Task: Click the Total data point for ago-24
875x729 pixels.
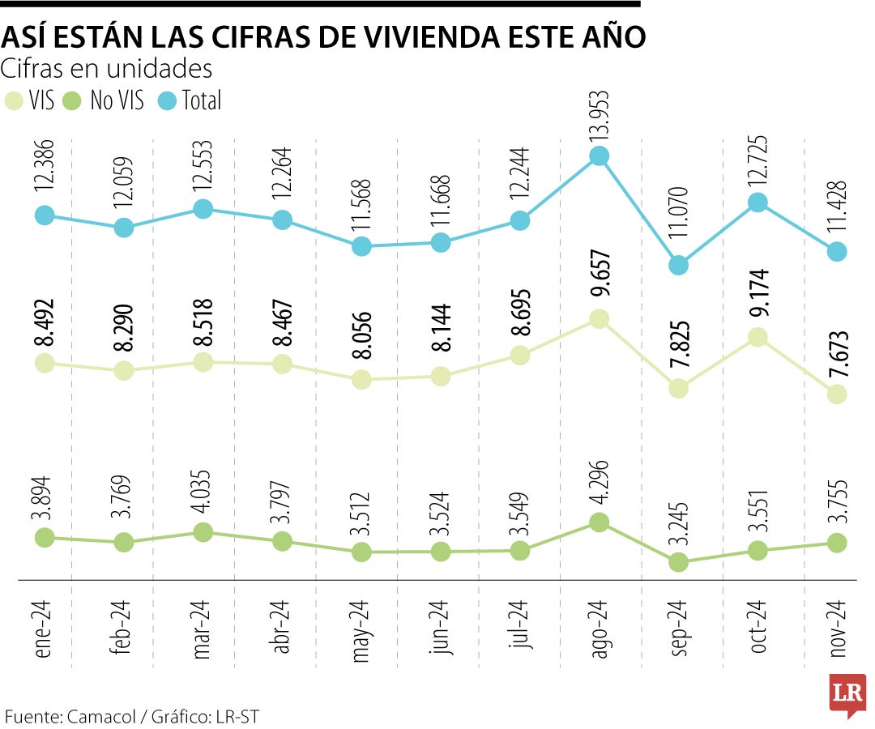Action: coord(599,156)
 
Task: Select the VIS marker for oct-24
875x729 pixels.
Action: coord(758,337)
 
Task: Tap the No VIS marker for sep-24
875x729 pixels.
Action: coord(679,562)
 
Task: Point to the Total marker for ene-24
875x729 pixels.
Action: coord(45,215)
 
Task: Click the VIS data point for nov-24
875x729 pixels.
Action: coord(837,394)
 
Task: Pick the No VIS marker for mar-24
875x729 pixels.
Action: coord(203,532)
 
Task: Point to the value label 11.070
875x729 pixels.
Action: coord(678,224)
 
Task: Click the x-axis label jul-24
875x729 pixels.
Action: coord(520,625)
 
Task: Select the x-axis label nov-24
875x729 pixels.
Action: coord(837,629)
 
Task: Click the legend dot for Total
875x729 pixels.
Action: coord(168,100)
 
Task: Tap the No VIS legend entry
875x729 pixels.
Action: coord(107,100)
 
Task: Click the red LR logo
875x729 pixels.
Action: coord(847,694)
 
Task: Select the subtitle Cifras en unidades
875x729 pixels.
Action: coord(107,68)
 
